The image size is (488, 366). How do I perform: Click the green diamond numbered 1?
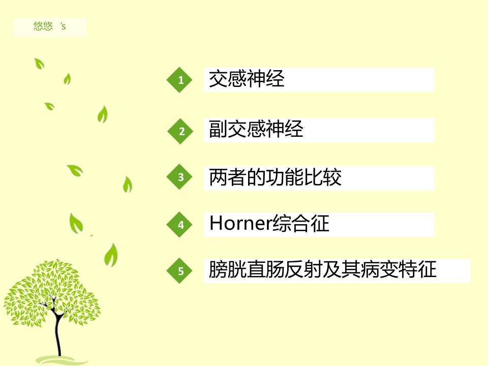point(179,80)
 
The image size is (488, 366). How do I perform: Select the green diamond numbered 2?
point(180,131)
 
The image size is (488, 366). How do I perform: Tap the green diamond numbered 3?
point(179,177)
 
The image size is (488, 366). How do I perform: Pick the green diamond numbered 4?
point(179,225)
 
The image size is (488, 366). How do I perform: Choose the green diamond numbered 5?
point(179,271)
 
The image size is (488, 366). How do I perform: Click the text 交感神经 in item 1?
point(247,79)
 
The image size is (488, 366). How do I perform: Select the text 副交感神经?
point(256,129)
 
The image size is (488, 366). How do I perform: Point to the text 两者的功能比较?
point(275,177)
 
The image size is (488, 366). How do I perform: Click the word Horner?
point(241,223)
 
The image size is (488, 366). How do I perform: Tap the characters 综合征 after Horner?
point(301,223)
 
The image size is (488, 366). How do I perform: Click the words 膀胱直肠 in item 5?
point(247,269)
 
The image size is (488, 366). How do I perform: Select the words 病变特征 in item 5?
point(399,269)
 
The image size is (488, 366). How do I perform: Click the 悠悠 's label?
point(50,26)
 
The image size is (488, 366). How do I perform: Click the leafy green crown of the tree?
point(52,293)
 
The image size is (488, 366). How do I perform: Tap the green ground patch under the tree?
point(62,360)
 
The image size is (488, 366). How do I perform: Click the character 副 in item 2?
point(218,129)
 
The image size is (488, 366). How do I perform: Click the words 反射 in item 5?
point(303,269)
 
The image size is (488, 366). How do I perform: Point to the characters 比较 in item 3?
point(323,177)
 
